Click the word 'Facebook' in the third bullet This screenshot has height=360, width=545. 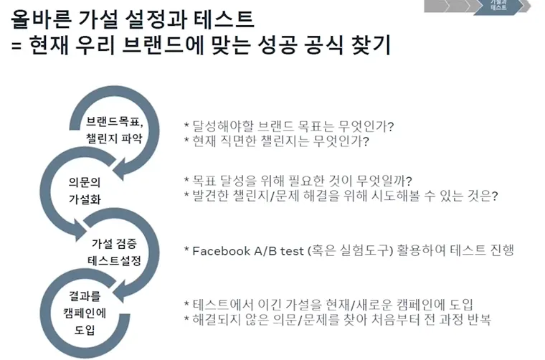point(224,251)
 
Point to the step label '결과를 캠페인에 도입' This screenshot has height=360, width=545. point(80,313)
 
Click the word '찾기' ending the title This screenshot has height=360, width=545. point(370,46)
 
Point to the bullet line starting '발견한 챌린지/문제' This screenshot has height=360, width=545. point(341,196)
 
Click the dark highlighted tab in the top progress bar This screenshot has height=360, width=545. point(499,6)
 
